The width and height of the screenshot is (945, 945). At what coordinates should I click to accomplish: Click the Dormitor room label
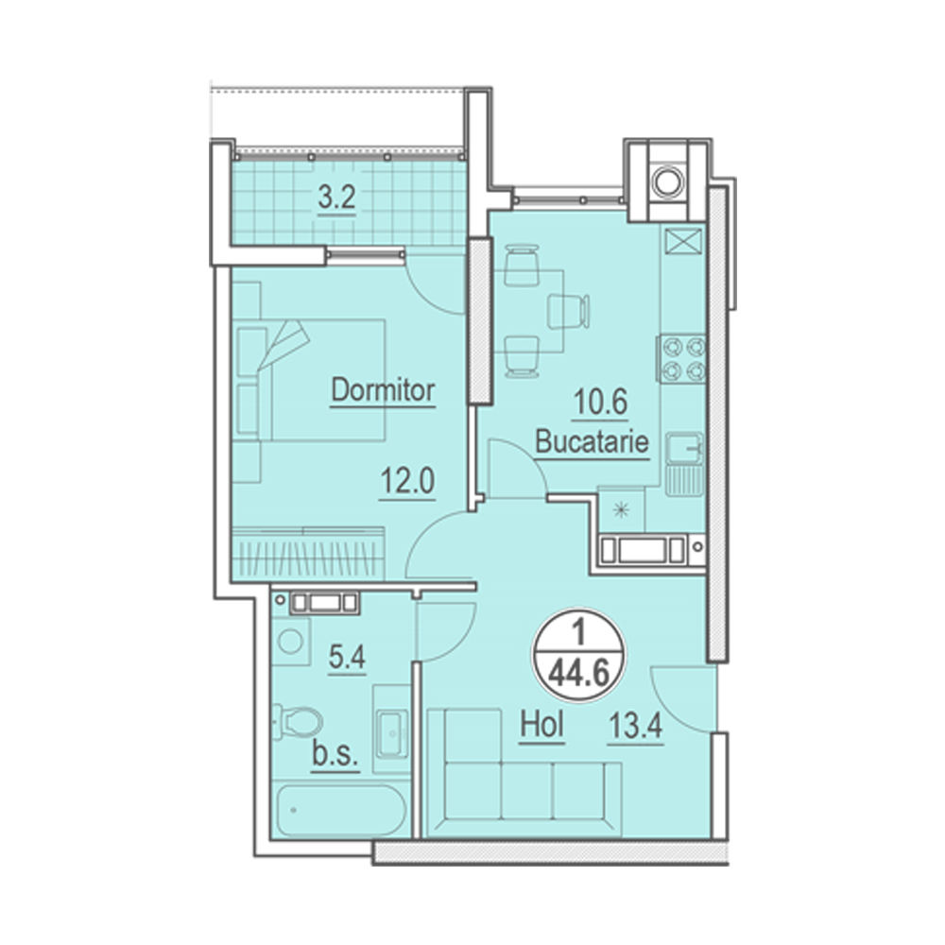click(x=383, y=390)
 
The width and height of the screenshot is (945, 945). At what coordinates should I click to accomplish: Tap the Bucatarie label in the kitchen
click(x=592, y=441)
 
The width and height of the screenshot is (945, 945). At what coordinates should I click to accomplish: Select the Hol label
click(x=542, y=725)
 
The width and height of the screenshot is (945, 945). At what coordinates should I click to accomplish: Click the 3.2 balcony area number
click(x=337, y=198)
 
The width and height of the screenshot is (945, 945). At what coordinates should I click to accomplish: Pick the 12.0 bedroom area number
click(x=407, y=482)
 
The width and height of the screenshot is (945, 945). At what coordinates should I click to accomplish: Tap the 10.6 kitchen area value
click(x=600, y=402)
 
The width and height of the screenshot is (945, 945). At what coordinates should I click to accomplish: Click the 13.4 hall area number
click(x=635, y=726)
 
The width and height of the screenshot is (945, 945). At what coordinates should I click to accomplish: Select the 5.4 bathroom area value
click(x=347, y=657)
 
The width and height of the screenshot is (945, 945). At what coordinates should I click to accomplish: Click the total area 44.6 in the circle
click(x=578, y=674)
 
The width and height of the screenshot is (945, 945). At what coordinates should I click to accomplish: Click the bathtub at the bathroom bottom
click(x=341, y=810)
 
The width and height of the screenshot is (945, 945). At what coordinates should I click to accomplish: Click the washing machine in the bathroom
click(x=291, y=641)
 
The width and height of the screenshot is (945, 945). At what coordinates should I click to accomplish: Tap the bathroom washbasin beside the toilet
click(x=392, y=732)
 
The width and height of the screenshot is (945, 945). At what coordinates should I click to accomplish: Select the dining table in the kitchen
click(x=529, y=311)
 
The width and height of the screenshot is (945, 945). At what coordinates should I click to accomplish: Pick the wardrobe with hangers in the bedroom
click(x=309, y=552)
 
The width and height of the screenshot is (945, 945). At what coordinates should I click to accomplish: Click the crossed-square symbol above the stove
click(x=683, y=242)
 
